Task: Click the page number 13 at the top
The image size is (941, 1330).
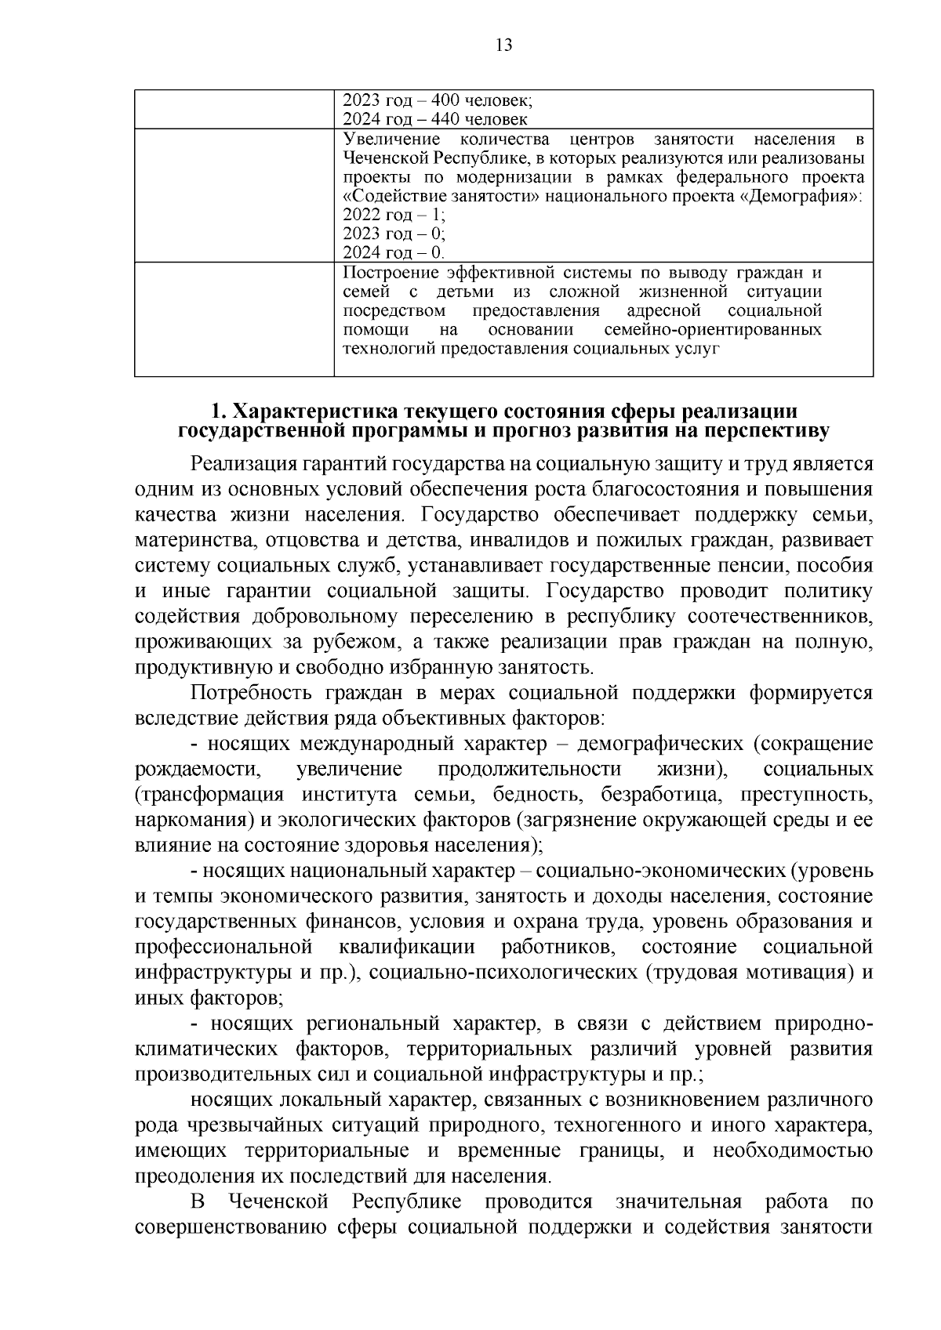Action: point(503,45)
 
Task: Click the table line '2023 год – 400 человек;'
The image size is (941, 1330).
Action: point(438,100)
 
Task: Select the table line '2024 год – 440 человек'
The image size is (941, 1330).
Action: point(435,119)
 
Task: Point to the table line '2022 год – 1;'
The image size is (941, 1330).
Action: point(394,215)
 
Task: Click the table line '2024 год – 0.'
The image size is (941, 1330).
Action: point(394,252)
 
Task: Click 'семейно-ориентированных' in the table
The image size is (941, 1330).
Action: point(713,330)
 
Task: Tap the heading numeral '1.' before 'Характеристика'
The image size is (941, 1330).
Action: point(220,412)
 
